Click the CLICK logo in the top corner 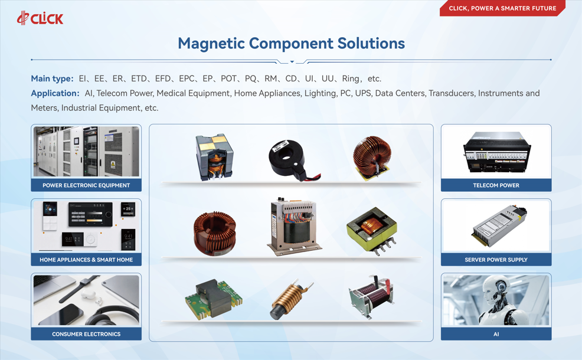(x=40, y=18)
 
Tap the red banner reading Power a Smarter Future (x=502, y=8)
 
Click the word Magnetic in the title (x=211, y=44)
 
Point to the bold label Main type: (x=53, y=78)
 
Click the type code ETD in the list (x=139, y=78)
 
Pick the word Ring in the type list (x=351, y=78)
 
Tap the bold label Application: (x=55, y=93)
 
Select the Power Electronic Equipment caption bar (x=86, y=185)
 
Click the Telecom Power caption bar (x=496, y=185)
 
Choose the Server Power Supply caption (x=496, y=260)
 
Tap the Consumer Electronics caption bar (x=86, y=334)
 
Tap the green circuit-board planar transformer (x=214, y=299)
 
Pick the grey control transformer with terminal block (x=294, y=227)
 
